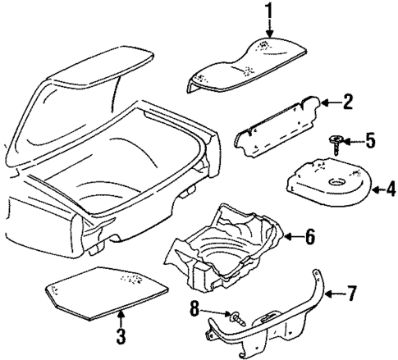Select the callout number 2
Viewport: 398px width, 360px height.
[348, 102]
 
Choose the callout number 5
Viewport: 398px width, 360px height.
[370, 141]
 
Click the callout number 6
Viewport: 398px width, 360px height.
[309, 237]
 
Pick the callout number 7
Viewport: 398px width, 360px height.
[352, 293]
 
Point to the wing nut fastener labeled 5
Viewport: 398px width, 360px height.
[336, 144]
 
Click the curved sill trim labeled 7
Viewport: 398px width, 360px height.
[279, 324]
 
